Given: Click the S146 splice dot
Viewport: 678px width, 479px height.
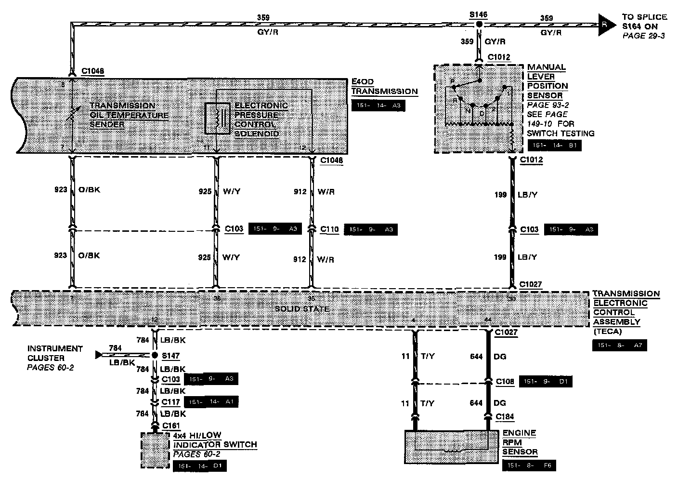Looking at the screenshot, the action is coord(479,24).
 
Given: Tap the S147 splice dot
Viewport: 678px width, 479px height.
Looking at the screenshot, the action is coord(155,356).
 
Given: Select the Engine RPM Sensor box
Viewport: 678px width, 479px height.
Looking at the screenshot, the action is coord(451,447).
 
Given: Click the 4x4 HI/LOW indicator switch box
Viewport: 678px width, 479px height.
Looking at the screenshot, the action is coord(155,450).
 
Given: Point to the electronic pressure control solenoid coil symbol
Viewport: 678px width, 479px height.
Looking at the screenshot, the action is coord(216,118).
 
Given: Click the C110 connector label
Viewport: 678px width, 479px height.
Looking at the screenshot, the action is coord(330,229).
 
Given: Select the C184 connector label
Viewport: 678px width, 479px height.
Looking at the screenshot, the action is coord(504,416).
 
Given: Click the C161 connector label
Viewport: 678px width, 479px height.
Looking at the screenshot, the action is coord(171,426).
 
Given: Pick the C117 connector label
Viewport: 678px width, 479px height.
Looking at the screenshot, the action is coord(170,402).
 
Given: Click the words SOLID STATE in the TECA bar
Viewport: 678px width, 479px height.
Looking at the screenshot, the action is coord(302,308).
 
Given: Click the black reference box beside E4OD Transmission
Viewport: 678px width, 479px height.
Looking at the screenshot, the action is coord(378,106).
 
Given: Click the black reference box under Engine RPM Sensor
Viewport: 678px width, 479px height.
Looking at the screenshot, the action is coord(528,466).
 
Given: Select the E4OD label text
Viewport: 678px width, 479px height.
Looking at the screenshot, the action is coord(362,82).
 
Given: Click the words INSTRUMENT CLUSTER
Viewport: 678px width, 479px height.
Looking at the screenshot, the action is coord(55,353).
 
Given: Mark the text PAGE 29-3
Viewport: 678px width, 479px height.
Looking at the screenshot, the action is coord(643,36).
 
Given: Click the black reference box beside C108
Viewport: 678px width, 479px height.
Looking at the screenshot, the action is coord(546,382).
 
